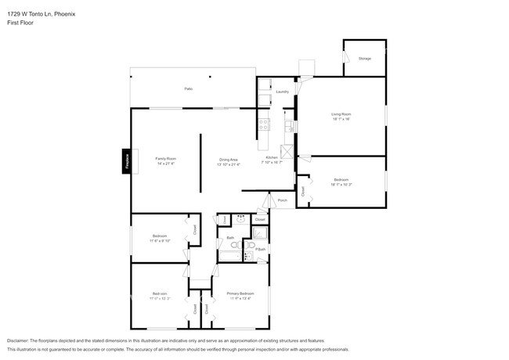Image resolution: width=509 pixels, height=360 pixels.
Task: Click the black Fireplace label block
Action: coord(125,162)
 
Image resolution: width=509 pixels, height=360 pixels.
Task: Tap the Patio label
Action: coord(188,89)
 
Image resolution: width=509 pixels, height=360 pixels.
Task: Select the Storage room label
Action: coord(364,59)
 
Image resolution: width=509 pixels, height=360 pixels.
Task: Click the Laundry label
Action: coord(282,92)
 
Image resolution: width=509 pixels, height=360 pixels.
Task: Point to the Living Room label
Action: coord(341,114)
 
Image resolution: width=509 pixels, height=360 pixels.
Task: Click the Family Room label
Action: coord(165,159)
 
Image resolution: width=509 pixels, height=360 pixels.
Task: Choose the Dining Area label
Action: coord(229,160)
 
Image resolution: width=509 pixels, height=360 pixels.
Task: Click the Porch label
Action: coord(282,200)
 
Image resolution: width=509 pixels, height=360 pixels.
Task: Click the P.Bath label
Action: coord(261,250)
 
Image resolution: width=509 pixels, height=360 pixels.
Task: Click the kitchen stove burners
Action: coord(264,124)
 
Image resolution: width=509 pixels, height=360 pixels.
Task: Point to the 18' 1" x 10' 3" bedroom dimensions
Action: coord(341,184)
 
